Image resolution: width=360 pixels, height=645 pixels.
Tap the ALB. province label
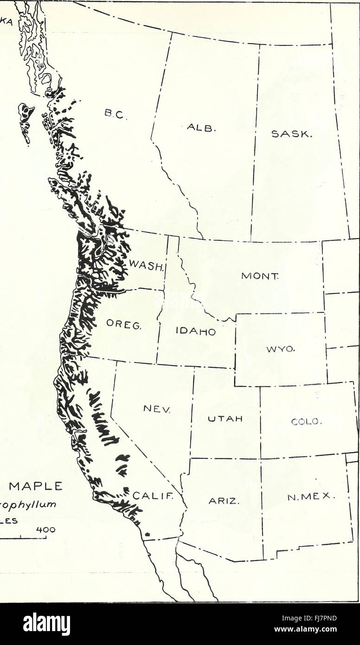coord(202,127)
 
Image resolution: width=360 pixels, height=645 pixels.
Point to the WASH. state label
coord(146,266)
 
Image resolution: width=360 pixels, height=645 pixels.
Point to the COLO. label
coord(305,421)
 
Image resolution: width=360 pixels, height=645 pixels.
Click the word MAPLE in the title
coord(36,486)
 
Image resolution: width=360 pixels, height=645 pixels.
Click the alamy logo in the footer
coord(46,624)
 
